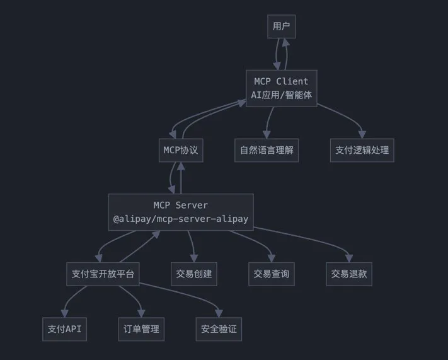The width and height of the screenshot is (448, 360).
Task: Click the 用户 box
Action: (282, 26)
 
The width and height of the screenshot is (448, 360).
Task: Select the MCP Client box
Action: (282, 88)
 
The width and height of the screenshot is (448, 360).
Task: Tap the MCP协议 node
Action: (181, 151)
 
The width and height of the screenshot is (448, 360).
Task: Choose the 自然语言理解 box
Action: (267, 151)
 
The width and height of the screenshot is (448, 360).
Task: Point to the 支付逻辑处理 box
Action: (362, 151)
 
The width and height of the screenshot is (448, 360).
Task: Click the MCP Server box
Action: (181, 212)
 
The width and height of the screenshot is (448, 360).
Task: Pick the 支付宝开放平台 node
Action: (103, 274)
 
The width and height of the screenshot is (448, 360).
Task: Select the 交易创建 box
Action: (194, 274)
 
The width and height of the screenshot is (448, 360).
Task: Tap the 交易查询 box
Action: (272, 274)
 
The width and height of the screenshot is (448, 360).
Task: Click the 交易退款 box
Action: (349, 274)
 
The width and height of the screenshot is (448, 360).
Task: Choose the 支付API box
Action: (64, 329)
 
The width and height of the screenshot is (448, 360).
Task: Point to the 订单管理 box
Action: (141, 329)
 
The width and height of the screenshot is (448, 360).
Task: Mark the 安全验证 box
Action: (219, 329)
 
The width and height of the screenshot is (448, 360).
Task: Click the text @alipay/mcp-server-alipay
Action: (181, 219)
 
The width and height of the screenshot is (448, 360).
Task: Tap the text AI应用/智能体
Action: (282, 95)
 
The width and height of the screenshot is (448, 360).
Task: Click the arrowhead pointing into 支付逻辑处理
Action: (362, 134)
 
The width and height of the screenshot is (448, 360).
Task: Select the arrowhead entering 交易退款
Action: (349, 258)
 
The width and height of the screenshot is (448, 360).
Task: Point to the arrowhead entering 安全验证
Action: (219, 313)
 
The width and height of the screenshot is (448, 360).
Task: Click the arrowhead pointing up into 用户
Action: (286, 42)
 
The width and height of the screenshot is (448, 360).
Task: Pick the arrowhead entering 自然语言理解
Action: (267, 134)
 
